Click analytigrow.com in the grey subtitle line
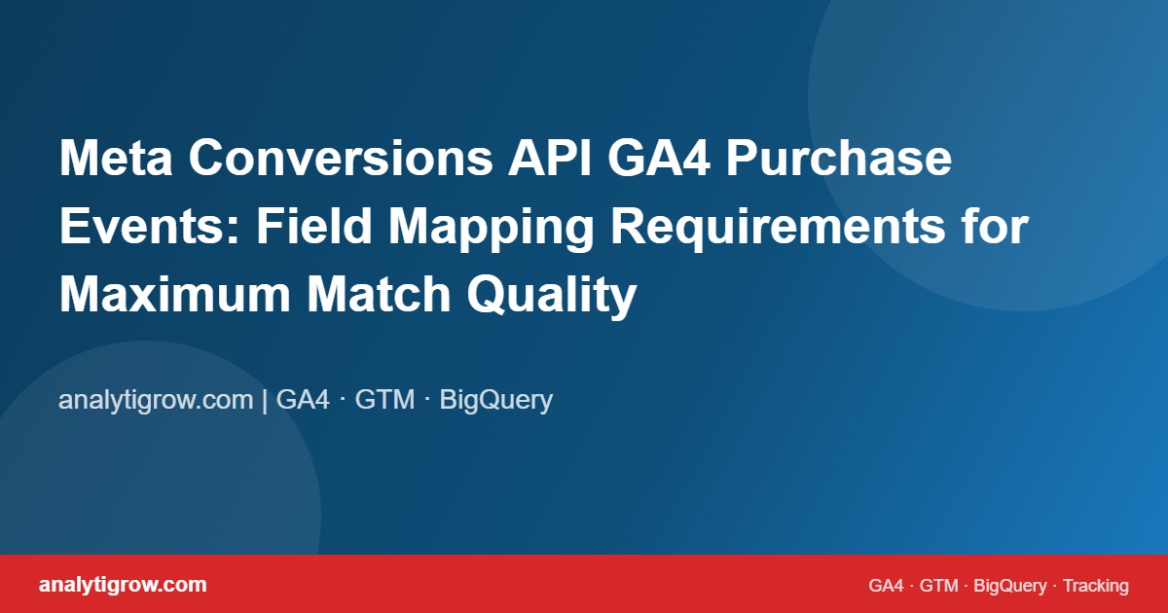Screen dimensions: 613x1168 [x=156, y=400]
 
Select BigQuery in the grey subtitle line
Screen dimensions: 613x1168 [x=496, y=400]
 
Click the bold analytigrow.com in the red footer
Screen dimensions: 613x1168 [x=123, y=585]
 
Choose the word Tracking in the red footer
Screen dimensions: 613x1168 [x=1095, y=586]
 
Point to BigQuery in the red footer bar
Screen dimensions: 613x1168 [x=1009, y=586]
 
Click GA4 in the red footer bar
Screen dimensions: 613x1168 [x=886, y=586]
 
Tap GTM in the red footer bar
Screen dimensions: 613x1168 [x=939, y=586]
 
